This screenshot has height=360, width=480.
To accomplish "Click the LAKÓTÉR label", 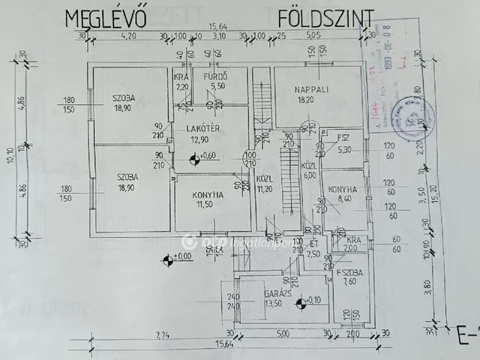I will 202,128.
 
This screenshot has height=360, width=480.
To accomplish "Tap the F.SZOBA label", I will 349,271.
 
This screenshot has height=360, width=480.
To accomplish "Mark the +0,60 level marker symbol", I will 194,157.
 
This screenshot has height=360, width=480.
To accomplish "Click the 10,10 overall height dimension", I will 9,157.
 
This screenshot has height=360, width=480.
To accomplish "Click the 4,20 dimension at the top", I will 128,35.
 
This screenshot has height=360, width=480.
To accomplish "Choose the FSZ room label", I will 344,138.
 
